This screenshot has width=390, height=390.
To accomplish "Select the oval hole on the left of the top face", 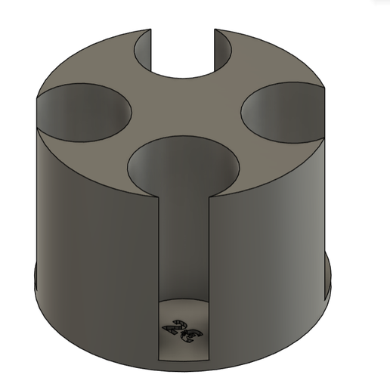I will [x=81, y=110].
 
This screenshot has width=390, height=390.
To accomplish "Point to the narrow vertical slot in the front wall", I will [x=184, y=242].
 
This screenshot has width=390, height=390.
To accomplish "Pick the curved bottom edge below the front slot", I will [x=184, y=358].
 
